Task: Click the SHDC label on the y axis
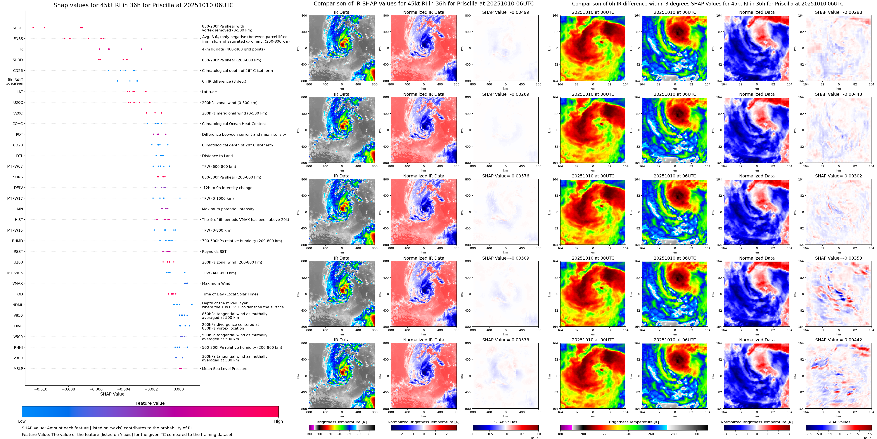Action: point(18,28)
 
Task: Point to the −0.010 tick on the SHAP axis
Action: point(41,389)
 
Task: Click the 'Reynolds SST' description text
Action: point(214,252)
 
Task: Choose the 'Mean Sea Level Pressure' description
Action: point(225,369)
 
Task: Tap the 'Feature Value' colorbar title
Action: point(150,403)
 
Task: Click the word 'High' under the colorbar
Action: point(278,421)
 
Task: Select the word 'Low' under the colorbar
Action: point(22,421)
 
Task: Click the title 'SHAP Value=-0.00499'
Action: point(506,12)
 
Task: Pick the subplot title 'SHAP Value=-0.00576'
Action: point(506,176)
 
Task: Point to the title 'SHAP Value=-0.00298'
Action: point(839,12)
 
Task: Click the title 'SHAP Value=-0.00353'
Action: point(839,258)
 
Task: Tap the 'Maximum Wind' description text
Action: point(216,284)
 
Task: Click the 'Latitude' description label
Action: point(209,92)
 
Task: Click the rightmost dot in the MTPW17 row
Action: point(180,198)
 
